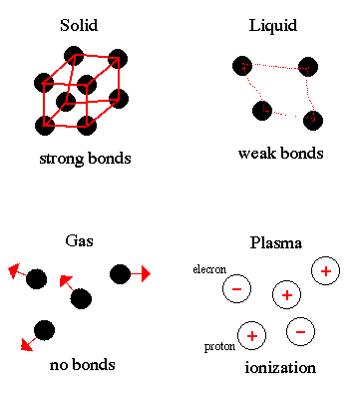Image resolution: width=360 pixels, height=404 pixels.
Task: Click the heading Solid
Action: (79, 25)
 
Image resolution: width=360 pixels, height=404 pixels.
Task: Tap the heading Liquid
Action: (273, 26)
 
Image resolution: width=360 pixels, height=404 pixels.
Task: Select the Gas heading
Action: (79, 240)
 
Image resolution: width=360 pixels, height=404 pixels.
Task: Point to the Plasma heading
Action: (276, 242)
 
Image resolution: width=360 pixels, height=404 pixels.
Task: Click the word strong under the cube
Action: (61, 159)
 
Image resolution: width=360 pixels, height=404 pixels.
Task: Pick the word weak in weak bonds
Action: (257, 154)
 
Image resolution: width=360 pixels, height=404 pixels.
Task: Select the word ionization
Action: (280, 368)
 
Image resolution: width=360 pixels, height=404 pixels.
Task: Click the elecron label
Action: (209, 269)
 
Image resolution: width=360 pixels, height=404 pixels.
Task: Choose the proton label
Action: (219, 347)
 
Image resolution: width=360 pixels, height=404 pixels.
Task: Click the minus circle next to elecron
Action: (236, 288)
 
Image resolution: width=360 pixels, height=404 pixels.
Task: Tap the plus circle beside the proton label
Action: (251, 336)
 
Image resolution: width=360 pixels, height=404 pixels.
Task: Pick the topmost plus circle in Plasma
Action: (326, 271)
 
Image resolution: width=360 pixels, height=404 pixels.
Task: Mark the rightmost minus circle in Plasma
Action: (300, 332)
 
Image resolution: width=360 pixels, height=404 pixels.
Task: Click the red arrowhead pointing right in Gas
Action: (146, 274)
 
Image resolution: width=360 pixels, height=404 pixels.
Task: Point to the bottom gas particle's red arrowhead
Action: (26, 345)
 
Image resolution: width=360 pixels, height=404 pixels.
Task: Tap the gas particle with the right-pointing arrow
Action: (120, 274)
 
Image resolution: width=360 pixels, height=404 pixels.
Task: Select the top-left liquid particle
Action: (242, 66)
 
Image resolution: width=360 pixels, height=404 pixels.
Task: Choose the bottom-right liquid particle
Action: (313, 120)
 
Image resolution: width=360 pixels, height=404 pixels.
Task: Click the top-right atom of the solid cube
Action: (118, 59)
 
